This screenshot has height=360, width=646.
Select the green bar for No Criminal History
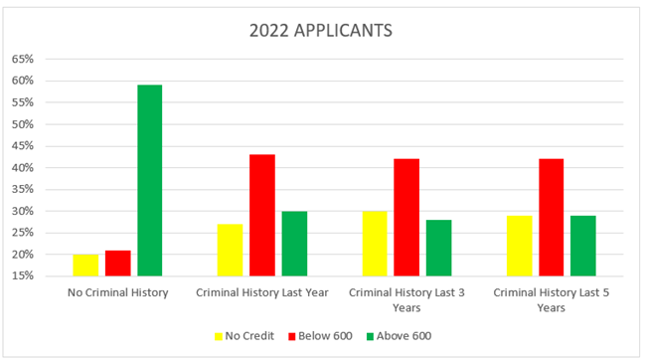pos(150,180)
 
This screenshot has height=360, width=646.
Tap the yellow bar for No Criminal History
pos(85,265)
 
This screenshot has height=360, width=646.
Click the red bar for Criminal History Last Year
pos(262,215)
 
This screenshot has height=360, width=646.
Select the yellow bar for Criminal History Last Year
pos(230,250)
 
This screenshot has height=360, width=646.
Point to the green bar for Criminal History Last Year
pos(294,244)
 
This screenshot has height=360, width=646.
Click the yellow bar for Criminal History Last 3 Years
pos(375,244)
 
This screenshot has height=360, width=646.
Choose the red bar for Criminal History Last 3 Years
pos(406,217)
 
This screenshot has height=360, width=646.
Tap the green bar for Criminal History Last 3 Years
pos(438,248)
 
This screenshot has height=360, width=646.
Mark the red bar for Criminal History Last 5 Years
pos(551,217)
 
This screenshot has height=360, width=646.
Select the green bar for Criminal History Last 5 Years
pos(582,246)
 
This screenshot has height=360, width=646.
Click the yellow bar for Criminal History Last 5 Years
pos(519,246)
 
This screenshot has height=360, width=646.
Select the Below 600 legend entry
pos(319,336)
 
